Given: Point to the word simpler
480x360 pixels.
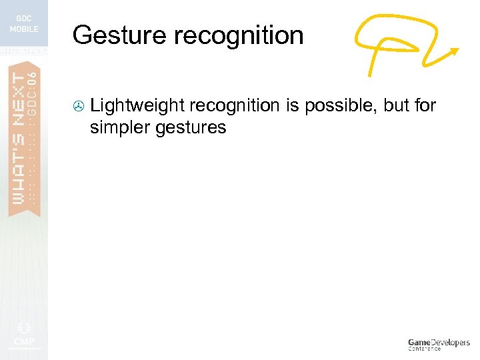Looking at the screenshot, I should pyautogui.click(x=121, y=127).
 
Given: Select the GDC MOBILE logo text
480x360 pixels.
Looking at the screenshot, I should pyautogui.click(x=24, y=24).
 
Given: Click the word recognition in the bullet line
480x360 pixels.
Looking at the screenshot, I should pyautogui.click(x=233, y=105).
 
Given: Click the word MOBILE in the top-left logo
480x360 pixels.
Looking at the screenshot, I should pyautogui.click(x=24, y=29).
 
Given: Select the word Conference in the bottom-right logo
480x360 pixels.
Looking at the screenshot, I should pyautogui.click(x=425, y=349).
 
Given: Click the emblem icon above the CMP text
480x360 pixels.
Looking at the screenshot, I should pyautogui.click(x=24, y=327).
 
